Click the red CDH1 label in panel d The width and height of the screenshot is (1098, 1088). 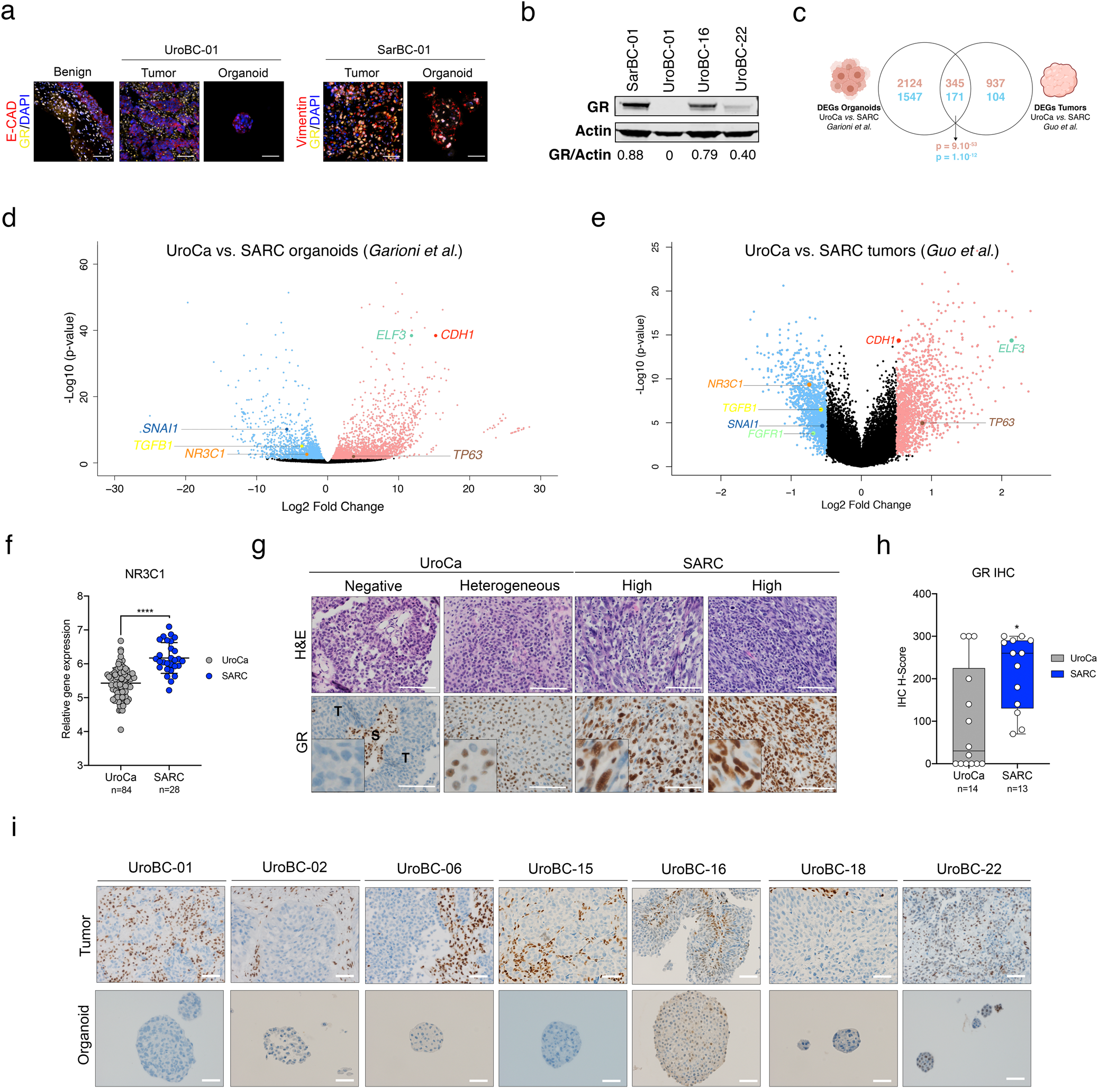(x=457, y=335)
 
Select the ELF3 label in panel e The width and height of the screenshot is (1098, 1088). (x=1011, y=348)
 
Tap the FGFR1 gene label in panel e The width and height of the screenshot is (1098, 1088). (x=765, y=434)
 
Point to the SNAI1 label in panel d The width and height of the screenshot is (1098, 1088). (x=160, y=429)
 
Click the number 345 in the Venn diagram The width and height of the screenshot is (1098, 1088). (x=955, y=84)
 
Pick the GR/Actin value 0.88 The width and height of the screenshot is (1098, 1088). (x=630, y=155)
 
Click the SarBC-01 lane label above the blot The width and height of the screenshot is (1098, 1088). (x=632, y=60)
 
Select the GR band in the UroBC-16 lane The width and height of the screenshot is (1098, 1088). (x=703, y=106)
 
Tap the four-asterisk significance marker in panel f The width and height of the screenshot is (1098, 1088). (x=145, y=612)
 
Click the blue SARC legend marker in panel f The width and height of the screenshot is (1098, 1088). (x=209, y=676)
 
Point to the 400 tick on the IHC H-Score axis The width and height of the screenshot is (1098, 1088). (x=921, y=594)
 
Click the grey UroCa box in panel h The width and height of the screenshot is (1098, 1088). (x=968, y=715)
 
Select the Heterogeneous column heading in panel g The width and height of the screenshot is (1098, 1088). (x=509, y=585)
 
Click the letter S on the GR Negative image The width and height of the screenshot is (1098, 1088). (x=375, y=736)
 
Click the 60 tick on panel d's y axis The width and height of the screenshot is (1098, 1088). (x=84, y=264)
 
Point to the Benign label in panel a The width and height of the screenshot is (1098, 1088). (x=72, y=71)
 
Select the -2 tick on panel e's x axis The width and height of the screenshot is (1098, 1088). (x=720, y=492)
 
